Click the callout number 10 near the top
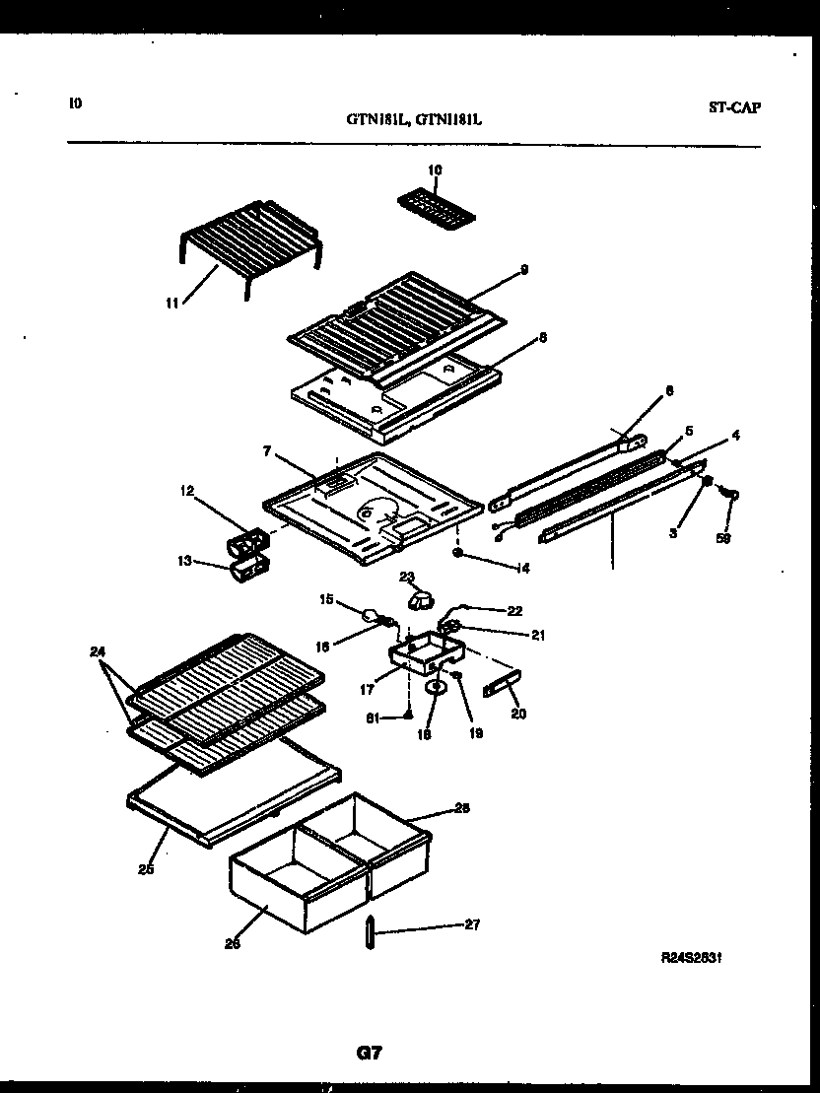pyautogui.click(x=436, y=170)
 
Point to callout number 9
pyautogui.click(x=524, y=268)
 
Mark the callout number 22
pyautogui.click(x=513, y=611)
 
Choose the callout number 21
pyautogui.click(x=537, y=636)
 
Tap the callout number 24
pyautogui.click(x=95, y=650)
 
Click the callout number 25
pyautogui.click(x=146, y=869)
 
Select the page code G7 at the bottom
pyautogui.click(x=369, y=1053)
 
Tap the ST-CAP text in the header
pyautogui.click(x=734, y=108)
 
